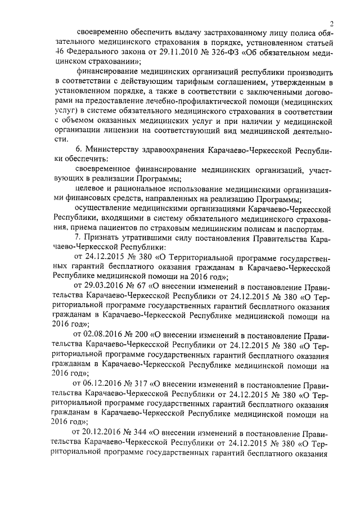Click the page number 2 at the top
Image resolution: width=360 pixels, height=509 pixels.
332,24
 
